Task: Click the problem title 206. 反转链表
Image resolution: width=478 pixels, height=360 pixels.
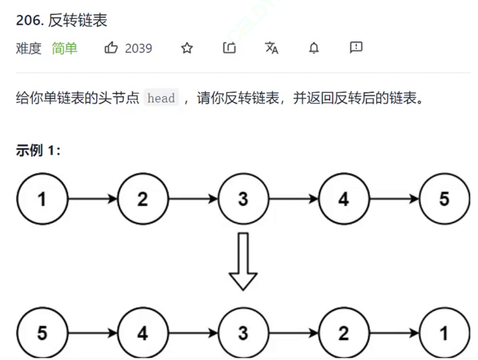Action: pyautogui.click(x=61, y=20)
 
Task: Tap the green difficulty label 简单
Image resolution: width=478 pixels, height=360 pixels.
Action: pyautogui.click(x=64, y=48)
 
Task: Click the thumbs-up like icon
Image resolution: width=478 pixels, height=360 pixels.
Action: pyautogui.click(x=111, y=48)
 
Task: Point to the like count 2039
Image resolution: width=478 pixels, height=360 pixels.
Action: pyautogui.click(x=138, y=48)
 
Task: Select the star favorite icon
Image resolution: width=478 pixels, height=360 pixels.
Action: pyautogui.click(x=187, y=48)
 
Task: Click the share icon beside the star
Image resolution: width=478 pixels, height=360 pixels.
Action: pyautogui.click(x=229, y=48)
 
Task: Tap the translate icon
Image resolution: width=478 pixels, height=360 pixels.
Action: pyautogui.click(x=271, y=48)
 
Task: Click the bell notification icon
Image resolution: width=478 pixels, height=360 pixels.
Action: pyautogui.click(x=314, y=48)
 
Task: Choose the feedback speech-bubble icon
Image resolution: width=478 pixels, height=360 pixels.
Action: pyautogui.click(x=356, y=47)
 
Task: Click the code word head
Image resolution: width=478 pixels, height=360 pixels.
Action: pyautogui.click(x=161, y=98)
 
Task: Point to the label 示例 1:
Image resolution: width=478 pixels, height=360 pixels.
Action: pyautogui.click(x=38, y=150)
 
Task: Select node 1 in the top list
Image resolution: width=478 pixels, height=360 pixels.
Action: pyautogui.click(x=42, y=199)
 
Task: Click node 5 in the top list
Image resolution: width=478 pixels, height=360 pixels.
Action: pyautogui.click(x=444, y=199)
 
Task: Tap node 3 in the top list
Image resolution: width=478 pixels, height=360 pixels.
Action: pyautogui.click(x=243, y=199)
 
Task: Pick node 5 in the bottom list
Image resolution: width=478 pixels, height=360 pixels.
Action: pyautogui.click(x=42, y=333)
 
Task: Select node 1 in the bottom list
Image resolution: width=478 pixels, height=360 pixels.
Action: pyautogui.click(x=444, y=333)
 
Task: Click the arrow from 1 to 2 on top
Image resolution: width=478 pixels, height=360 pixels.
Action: pyautogui.click(x=93, y=199)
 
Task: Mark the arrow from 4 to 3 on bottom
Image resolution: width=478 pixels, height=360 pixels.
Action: pyautogui.click(x=193, y=333)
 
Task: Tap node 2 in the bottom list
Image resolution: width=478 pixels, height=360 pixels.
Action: pyautogui.click(x=344, y=333)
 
